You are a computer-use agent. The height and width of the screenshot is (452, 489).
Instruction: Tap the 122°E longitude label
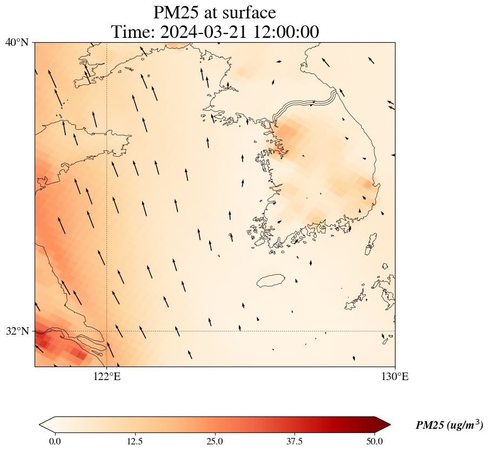107,377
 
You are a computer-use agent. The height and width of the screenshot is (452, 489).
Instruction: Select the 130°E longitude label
394,377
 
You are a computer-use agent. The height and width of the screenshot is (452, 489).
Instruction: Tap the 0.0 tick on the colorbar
55,441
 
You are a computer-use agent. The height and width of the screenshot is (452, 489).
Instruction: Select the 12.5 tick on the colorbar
135,441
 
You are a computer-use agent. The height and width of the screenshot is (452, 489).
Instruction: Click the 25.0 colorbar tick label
215,441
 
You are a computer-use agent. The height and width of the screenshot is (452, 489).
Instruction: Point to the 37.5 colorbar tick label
294,441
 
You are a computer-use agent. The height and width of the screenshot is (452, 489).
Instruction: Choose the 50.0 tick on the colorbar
374,441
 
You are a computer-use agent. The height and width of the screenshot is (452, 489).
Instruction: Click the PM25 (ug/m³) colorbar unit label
449,426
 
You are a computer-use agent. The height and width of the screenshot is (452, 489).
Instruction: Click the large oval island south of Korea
271,281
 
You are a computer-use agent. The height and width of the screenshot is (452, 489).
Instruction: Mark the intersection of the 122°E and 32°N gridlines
107,331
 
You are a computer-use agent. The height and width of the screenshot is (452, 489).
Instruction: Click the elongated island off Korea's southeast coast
371,244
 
